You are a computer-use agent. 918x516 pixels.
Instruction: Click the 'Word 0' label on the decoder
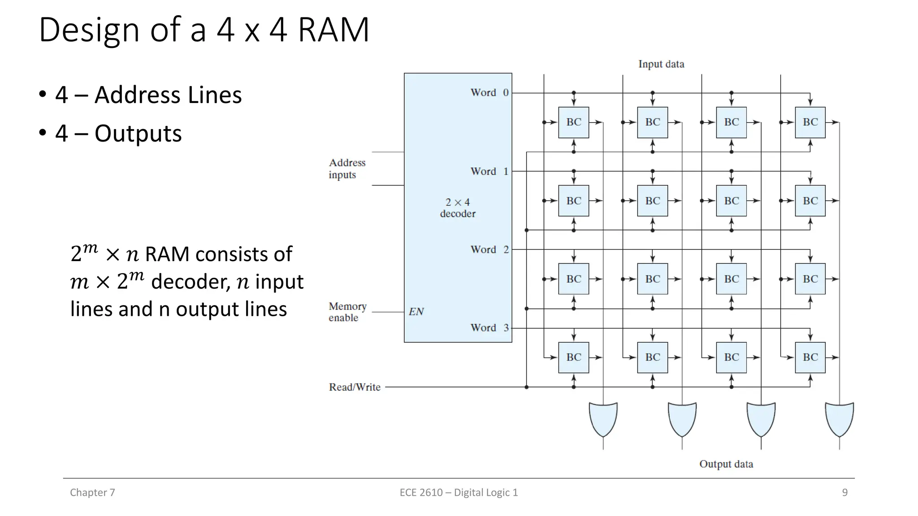(x=489, y=93)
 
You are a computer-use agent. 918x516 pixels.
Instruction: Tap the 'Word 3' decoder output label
(x=489, y=328)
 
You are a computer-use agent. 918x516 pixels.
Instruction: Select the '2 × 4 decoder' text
(x=458, y=208)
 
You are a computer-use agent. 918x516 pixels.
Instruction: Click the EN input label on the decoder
(x=416, y=312)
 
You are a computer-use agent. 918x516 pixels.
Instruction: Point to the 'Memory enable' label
(x=347, y=312)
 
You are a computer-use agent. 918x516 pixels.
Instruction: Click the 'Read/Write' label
(x=355, y=387)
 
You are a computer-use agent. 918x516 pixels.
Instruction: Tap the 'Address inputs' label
(x=347, y=168)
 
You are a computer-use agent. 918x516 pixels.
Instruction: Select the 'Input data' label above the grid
(x=661, y=64)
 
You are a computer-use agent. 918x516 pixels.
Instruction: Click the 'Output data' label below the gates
(x=726, y=464)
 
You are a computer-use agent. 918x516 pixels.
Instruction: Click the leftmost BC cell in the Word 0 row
(x=573, y=122)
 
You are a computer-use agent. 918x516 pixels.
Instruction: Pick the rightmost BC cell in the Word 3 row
(x=810, y=357)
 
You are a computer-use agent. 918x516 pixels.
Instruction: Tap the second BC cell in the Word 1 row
(x=652, y=201)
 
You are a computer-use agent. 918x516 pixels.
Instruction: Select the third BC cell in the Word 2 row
(x=731, y=279)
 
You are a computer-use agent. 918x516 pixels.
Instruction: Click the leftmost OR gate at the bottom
(x=603, y=419)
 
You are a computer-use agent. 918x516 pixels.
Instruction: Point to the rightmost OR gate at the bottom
(x=839, y=419)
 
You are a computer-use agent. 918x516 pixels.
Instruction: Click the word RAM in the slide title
(x=333, y=30)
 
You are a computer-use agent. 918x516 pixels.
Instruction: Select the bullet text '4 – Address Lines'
(x=148, y=95)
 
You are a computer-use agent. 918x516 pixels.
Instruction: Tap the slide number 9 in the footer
(x=844, y=493)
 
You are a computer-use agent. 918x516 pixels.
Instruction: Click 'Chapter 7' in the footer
(x=92, y=493)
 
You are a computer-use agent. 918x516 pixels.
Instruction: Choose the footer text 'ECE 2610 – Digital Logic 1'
(x=459, y=493)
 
